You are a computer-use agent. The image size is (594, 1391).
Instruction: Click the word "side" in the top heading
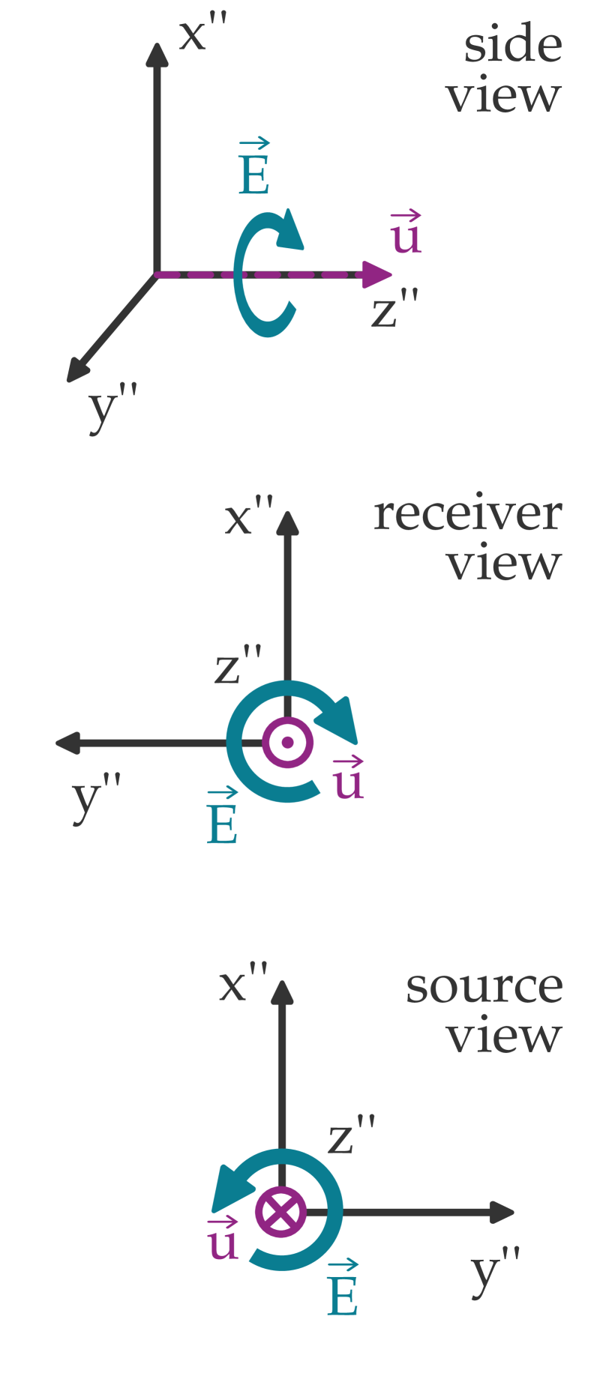(513, 45)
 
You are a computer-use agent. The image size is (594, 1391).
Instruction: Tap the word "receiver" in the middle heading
(467, 515)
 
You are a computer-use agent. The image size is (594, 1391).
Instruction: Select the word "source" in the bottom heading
(484, 987)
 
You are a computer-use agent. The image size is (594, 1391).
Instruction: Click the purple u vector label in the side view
(406, 234)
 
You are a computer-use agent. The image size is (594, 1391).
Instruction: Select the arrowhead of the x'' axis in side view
(157, 55)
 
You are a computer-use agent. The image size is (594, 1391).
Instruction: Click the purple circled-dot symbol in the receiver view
(287, 743)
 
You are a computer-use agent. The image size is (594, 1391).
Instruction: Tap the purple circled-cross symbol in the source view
(280, 1212)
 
